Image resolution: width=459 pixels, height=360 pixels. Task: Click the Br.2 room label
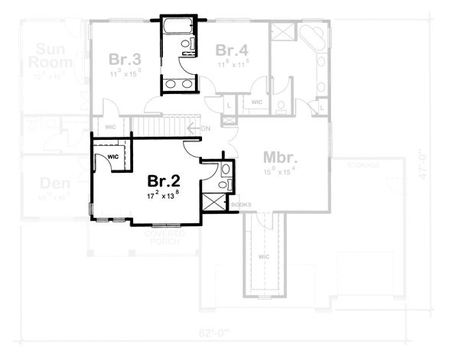(x=164, y=181)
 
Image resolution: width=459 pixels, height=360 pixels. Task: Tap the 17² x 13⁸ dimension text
(x=164, y=196)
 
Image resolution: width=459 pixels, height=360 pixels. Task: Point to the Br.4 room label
(x=231, y=50)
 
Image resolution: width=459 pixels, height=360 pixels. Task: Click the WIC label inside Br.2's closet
(x=113, y=157)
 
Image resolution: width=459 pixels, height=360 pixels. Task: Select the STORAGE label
(x=366, y=164)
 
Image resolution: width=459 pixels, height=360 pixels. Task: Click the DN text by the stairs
(x=204, y=128)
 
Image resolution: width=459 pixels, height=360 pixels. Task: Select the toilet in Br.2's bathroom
(x=221, y=183)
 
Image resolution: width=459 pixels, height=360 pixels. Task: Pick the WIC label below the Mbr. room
(x=265, y=258)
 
